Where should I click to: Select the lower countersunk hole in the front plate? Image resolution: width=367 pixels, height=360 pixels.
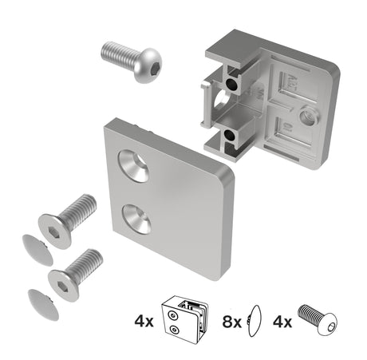[x=136, y=216]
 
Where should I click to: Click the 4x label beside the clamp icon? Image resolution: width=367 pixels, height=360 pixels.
[x=144, y=323]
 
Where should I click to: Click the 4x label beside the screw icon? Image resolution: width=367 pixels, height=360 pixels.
[x=282, y=323]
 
